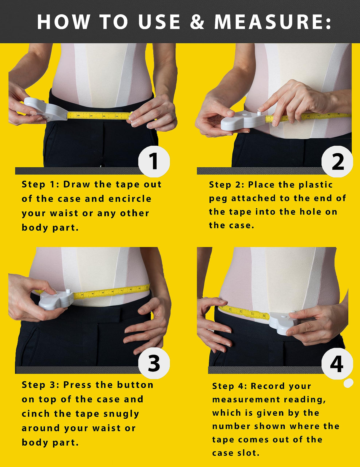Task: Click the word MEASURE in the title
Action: coord(272,22)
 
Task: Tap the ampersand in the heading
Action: coord(197,22)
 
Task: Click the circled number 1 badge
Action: coord(154,162)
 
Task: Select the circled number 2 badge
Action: coord(337,162)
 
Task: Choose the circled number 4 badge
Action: coord(337,364)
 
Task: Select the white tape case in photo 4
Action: coord(283,322)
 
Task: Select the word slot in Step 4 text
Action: coord(249,453)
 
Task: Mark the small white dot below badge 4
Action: coord(348,383)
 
